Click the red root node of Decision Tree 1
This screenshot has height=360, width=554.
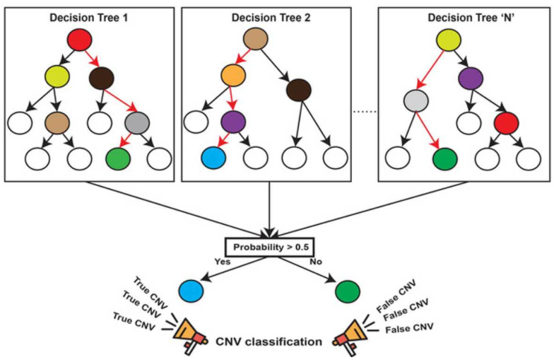pyautogui.click(x=80, y=40)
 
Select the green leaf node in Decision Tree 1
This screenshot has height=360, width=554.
pyautogui.click(x=119, y=158)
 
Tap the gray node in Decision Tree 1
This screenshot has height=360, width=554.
pyautogui.click(x=137, y=123)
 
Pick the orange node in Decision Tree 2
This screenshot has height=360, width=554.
pyautogui.click(x=233, y=75)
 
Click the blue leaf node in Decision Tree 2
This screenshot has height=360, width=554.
pyautogui.click(x=213, y=158)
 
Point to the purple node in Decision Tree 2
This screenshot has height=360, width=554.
pyautogui.click(x=233, y=122)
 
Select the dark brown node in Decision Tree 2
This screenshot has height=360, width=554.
pyautogui.click(x=299, y=91)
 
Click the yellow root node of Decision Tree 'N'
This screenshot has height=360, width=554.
pyautogui.click(x=449, y=40)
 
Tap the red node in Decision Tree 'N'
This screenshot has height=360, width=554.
pyautogui.click(x=506, y=123)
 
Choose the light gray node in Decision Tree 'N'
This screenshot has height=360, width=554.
pyautogui.click(x=415, y=100)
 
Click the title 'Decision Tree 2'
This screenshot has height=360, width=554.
pyautogui.click(x=271, y=18)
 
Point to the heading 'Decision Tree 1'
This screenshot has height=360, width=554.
pyautogui.click(x=89, y=18)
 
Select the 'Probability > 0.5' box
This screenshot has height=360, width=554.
pyautogui.click(x=270, y=248)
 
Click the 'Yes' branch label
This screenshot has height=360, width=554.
pyautogui.click(x=223, y=262)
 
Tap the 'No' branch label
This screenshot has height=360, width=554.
pyautogui.click(x=316, y=262)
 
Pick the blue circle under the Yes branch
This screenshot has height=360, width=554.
pyautogui.click(x=191, y=291)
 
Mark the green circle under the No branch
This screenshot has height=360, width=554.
pyautogui.click(x=348, y=291)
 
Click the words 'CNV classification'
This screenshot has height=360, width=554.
pyautogui.click(x=269, y=342)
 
